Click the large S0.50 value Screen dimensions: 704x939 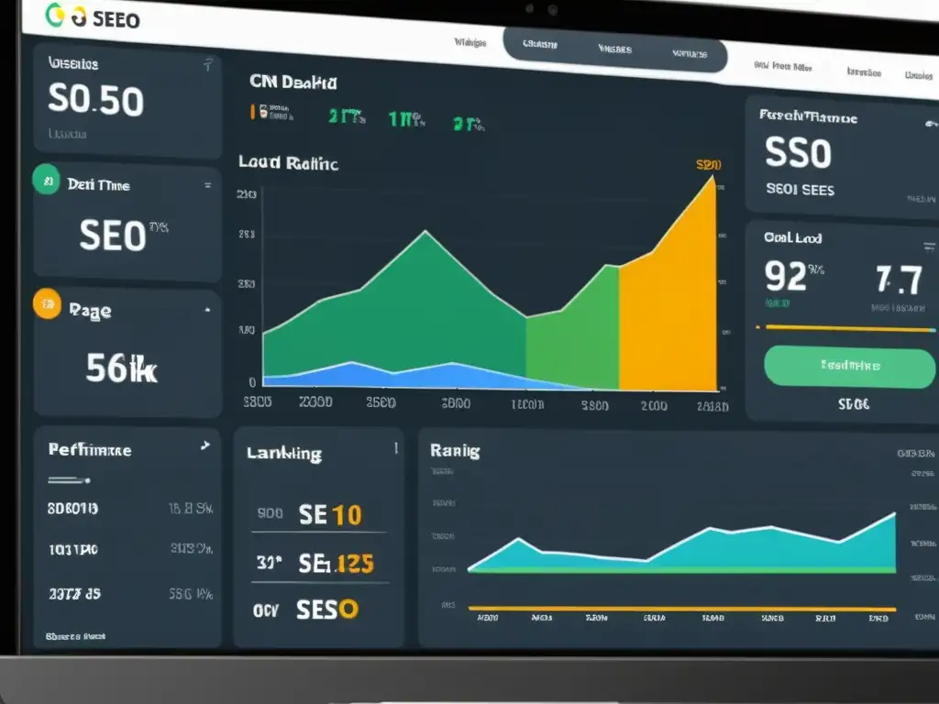coord(94,102)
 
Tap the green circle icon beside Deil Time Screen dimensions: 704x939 coord(46,181)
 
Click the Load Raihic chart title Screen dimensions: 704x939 coord(288,163)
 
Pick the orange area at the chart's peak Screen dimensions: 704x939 coord(674,302)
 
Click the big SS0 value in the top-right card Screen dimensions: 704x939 coord(798,155)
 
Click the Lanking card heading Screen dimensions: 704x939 coord(284,453)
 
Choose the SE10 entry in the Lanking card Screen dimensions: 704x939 coord(329,514)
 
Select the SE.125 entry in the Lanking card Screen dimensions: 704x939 coord(336,563)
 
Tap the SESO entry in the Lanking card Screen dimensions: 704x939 coord(327,609)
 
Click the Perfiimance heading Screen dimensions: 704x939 coord(89,450)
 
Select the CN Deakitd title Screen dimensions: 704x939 coord(293,82)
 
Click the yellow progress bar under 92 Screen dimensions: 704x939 coord(844,327)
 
